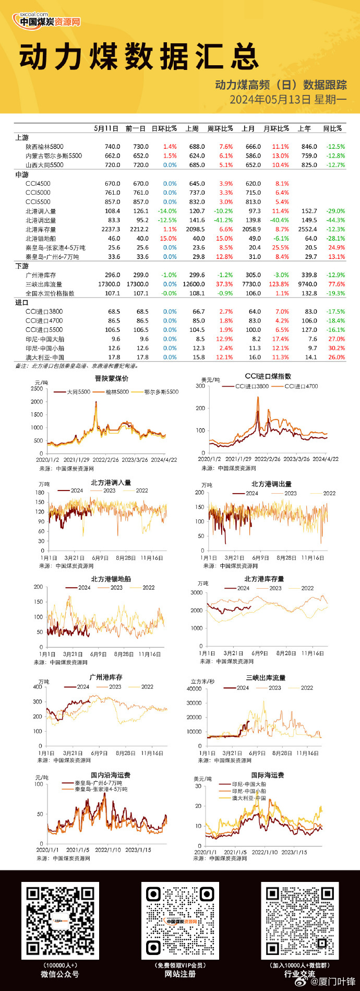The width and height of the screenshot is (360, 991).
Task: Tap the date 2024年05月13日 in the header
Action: [x=270, y=99]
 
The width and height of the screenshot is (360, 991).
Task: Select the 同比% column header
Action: [x=332, y=128]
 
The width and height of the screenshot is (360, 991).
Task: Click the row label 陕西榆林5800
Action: [x=44, y=147]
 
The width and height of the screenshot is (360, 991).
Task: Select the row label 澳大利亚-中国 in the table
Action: [x=45, y=357]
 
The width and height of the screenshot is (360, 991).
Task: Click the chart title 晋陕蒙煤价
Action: [x=111, y=378]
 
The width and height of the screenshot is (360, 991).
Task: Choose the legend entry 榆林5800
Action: [x=117, y=392]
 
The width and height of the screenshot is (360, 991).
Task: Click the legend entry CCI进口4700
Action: [x=301, y=387]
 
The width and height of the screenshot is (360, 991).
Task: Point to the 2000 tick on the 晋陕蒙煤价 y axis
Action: [x=37, y=402]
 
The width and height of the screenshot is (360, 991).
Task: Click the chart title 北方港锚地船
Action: [x=111, y=579]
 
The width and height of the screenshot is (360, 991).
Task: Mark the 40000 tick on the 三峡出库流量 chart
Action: [x=194, y=689]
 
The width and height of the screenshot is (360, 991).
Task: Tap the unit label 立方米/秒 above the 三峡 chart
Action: [x=202, y=682]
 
